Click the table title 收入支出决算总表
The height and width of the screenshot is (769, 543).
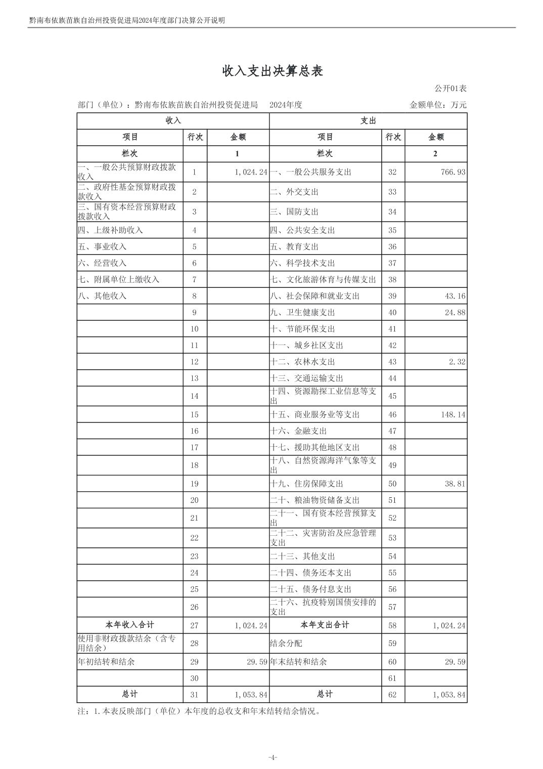[273, 71]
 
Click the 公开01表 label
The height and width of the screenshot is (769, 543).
[450, 89]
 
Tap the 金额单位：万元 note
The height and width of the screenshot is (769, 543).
[438, 105]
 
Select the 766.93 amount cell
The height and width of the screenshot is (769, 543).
[453, 172]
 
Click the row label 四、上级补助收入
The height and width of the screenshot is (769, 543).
[110, 230]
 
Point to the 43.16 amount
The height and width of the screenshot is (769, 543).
[455, 296]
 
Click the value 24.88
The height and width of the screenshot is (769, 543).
[455, 313]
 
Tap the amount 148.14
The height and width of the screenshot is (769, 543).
[453, 415]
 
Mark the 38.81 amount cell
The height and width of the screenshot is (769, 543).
[455, 484]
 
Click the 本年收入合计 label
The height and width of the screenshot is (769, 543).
[130, 625]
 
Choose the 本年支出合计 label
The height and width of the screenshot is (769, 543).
[325, 625]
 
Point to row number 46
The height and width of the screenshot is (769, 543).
[392, 415]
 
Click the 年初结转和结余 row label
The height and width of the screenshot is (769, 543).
[106, 662]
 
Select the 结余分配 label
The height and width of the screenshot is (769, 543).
[286, 644]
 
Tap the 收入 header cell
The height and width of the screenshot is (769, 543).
[173, 121]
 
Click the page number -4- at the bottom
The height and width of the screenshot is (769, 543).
[273, 757]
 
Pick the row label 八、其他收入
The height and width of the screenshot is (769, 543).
[102, 296]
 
